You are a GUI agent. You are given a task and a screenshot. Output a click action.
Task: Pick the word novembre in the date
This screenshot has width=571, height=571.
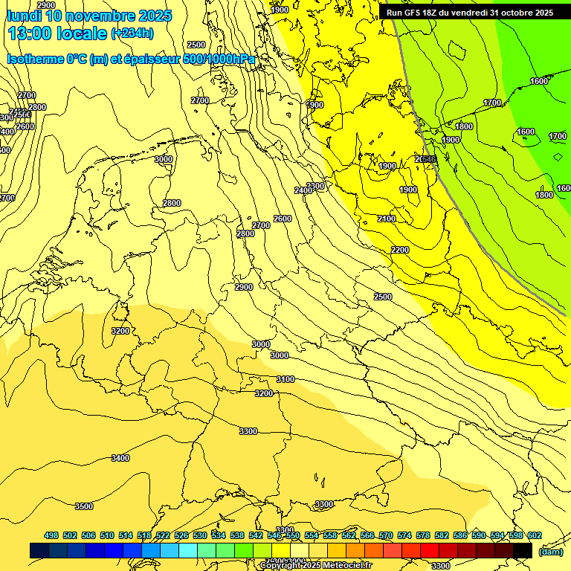(x=100, y=16)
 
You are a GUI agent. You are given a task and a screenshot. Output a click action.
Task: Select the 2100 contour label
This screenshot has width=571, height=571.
(x=387, y=219)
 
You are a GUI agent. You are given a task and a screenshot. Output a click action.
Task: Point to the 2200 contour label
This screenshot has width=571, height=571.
(x=399, y=250)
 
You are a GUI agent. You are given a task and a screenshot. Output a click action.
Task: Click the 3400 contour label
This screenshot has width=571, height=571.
(x=120, y=459)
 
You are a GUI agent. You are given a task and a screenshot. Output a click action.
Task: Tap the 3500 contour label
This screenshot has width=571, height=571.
(x=84, y=506)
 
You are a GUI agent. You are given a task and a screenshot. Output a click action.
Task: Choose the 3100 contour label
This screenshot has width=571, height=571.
(x=285, y=379)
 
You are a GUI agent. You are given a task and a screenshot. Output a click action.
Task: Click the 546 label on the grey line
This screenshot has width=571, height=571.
(x=426, y=159)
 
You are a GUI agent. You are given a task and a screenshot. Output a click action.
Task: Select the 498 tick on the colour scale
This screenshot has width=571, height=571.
(x=51, y=535)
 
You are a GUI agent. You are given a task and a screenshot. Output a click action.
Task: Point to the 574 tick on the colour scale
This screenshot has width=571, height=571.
(x=404, y=535)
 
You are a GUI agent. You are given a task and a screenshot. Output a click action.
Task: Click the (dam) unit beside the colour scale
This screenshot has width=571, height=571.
(x=550, y=551)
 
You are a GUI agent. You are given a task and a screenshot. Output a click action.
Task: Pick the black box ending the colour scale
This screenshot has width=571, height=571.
(x=523, y=551)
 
